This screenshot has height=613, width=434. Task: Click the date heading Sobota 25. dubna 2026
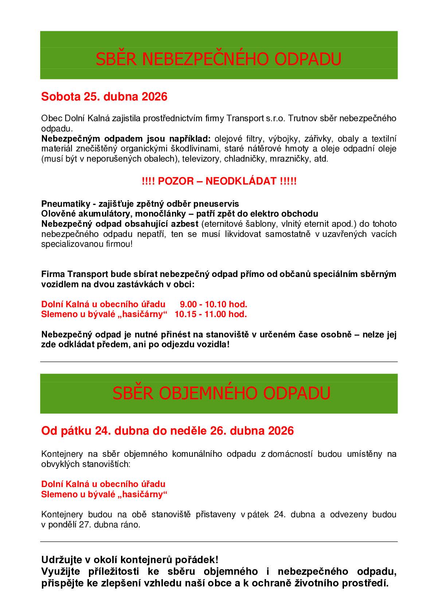(104, 97)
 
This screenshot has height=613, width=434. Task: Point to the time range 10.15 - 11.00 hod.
(211, 314)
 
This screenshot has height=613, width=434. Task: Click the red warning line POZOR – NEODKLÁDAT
(219, 181)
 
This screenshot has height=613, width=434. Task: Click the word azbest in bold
(186, 224)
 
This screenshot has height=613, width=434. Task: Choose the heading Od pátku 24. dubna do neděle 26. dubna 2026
(167, 431)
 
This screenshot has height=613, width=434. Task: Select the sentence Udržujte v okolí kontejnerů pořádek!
(130, 559)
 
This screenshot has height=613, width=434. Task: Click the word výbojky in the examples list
(282, 139)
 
